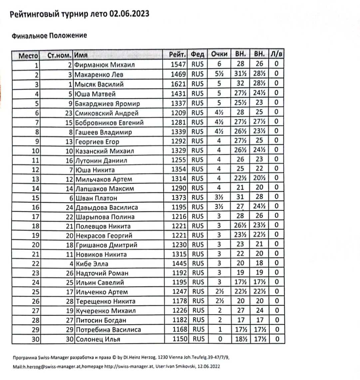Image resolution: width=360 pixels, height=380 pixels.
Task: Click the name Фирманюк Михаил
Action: pyautogui.click(x=105, y=65)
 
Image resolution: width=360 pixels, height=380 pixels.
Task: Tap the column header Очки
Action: pyautogui.click(x=219, y=54)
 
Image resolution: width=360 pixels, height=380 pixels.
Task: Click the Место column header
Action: pyautogui.click(x=28, y=55)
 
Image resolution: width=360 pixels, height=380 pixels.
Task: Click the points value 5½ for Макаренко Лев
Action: pyautogui.click(x=219, y=74)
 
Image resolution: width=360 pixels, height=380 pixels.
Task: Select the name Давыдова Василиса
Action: pyautogui.click(x=107, y=207)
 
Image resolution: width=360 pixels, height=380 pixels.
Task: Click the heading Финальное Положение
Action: pyautogui.click(x=49, y=36)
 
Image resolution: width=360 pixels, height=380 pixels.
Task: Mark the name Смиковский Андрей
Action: pyautogui.click(x=107, y=113)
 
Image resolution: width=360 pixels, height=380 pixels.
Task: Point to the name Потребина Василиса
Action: pyautogui.click(x=108, y=330)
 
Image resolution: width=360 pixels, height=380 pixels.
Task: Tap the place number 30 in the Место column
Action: pyautogui.click(x=36, y=340)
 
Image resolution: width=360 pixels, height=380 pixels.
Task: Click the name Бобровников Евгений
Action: pyautogui.click(x=109, y=123)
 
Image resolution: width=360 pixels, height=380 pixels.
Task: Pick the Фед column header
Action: pyautogui.click(x=197, y=54)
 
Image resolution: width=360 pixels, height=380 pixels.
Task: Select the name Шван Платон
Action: pyautogui.click(x=96, y=198)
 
